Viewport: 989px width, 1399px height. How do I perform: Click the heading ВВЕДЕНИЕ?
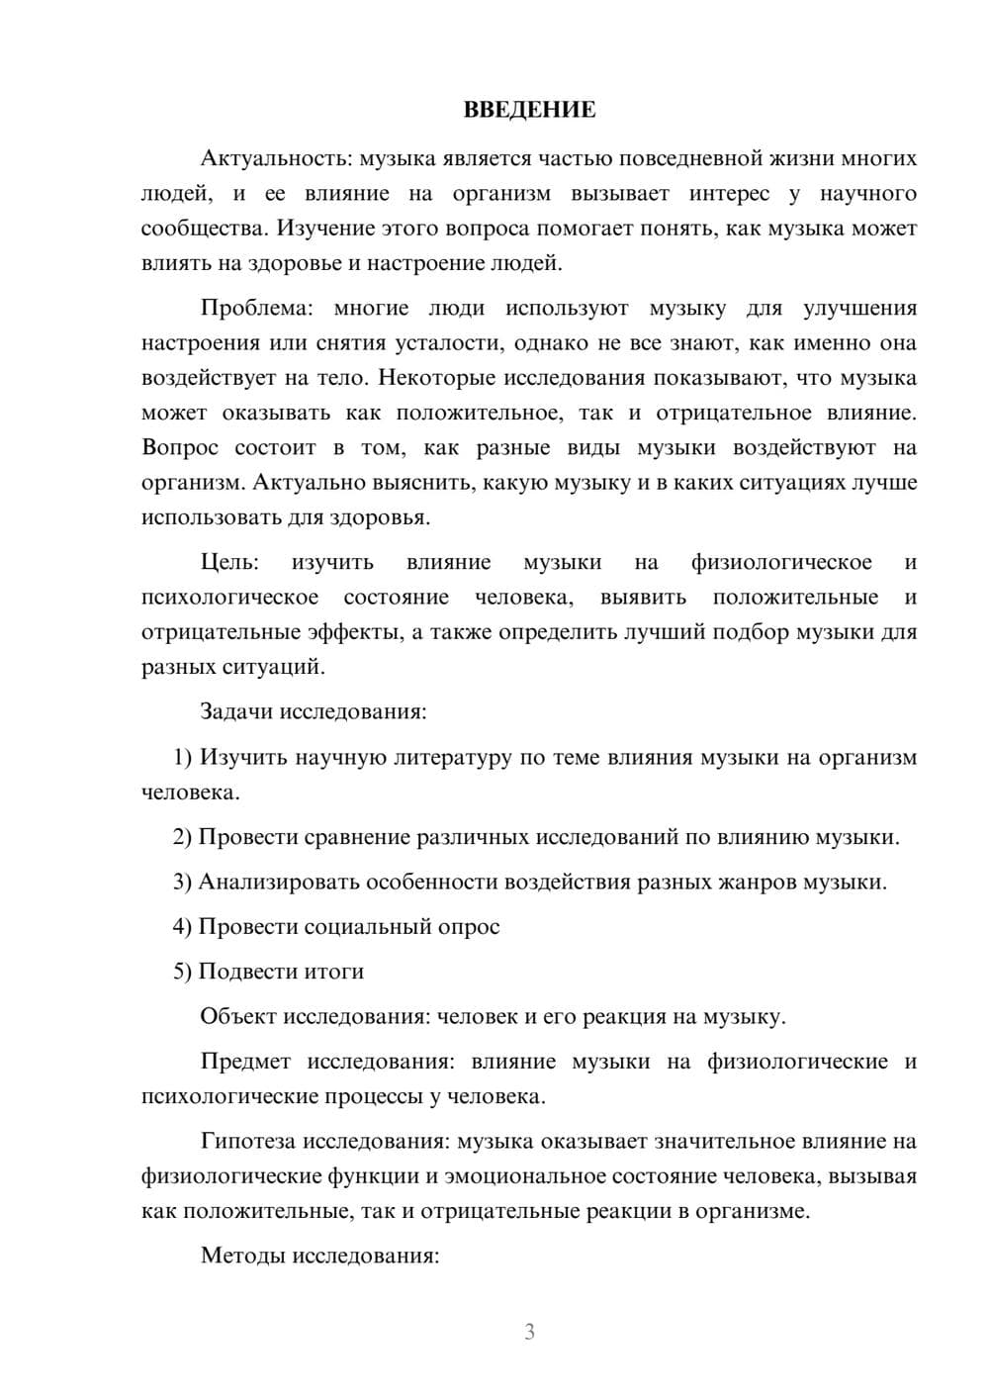[529, 110]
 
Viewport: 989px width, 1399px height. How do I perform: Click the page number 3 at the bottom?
[529, 1332]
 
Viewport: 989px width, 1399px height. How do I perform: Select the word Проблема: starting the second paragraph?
[255, 309]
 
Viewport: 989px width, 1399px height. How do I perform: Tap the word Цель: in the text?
[229, 563]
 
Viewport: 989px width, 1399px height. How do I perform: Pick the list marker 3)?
[182, 882]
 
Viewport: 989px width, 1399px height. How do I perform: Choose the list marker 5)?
[182, 972]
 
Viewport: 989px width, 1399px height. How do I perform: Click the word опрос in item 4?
[470, 927]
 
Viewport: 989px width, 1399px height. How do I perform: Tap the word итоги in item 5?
[333, 972]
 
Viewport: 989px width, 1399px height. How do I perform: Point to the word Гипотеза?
[248, 1142]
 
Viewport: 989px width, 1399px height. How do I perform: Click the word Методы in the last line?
[240, 1257]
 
